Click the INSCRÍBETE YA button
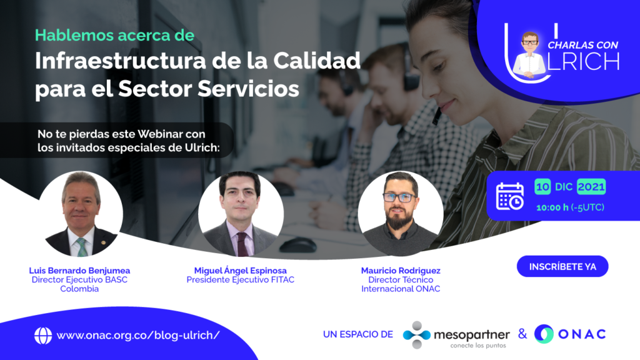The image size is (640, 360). [562, 266]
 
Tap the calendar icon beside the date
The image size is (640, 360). [510, 196]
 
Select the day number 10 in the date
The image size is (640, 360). [542, 187]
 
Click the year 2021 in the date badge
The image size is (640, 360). [591, 187]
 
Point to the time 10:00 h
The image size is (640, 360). [552, 207]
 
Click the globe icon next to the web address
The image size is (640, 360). [43, 336]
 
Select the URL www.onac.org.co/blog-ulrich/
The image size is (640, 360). [138, 335]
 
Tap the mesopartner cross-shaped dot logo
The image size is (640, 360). [416, 335]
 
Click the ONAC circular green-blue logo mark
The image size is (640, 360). [544, 334]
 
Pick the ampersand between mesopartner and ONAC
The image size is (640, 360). [522, 334]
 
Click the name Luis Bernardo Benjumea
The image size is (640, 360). [79, 271]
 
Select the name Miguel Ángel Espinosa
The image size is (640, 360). [241, 271]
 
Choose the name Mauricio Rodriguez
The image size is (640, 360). [401, 271]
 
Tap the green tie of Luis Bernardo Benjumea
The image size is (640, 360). [82, 246]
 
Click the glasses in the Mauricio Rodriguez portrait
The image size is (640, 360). [399, 197]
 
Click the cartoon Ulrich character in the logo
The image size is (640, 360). [529, 55]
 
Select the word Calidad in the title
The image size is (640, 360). [317, 61]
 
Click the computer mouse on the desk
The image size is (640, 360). [298, 245]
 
